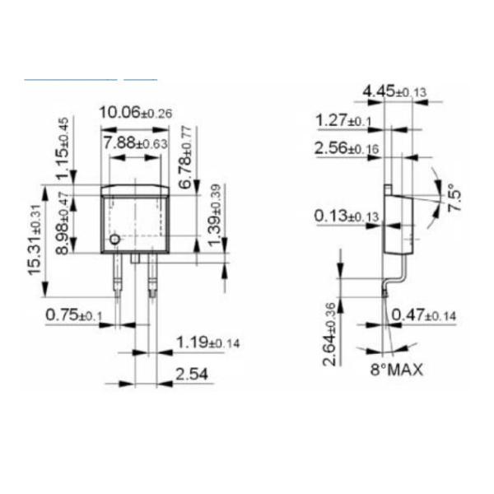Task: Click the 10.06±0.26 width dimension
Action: tap(135, 113)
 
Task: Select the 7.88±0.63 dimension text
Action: tap(135, 143)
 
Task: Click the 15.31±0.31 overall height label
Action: tap(35, 240)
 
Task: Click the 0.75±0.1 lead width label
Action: tap(74, 315)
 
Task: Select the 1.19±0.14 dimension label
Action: tap(207, 342)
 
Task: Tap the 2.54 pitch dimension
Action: tap(193, 375)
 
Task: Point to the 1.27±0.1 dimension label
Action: tap(343, 121)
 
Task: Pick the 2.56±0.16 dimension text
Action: tap(346, 148)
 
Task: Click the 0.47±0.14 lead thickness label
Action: tap(423, 315)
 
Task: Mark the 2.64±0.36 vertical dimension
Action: tap(329, 334)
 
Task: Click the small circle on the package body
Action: tap(114, 240)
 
